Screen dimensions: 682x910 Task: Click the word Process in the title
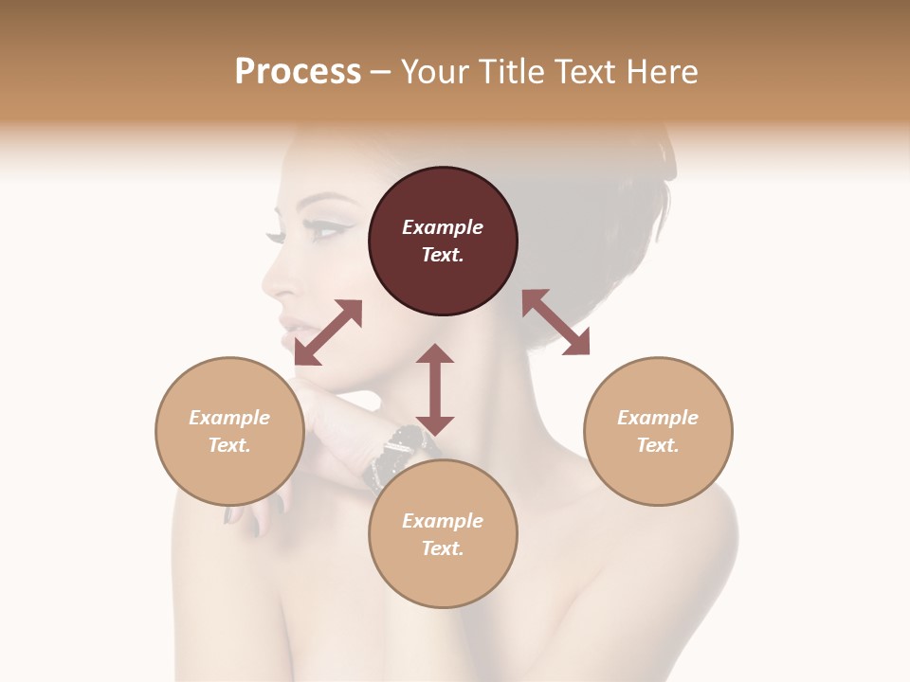pos(298,72)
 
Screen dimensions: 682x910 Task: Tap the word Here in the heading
pos(663,72)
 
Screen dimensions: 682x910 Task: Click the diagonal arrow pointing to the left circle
pos(328,332)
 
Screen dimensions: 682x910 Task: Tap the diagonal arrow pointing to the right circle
pos(556,322)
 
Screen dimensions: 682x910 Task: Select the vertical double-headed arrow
pos(435,389)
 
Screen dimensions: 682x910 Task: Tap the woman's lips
pos(289,323)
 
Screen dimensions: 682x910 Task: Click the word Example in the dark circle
pos(443,227)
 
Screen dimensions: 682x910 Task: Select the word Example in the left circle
pos(229,418)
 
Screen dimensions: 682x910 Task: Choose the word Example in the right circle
pos(658,418)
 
